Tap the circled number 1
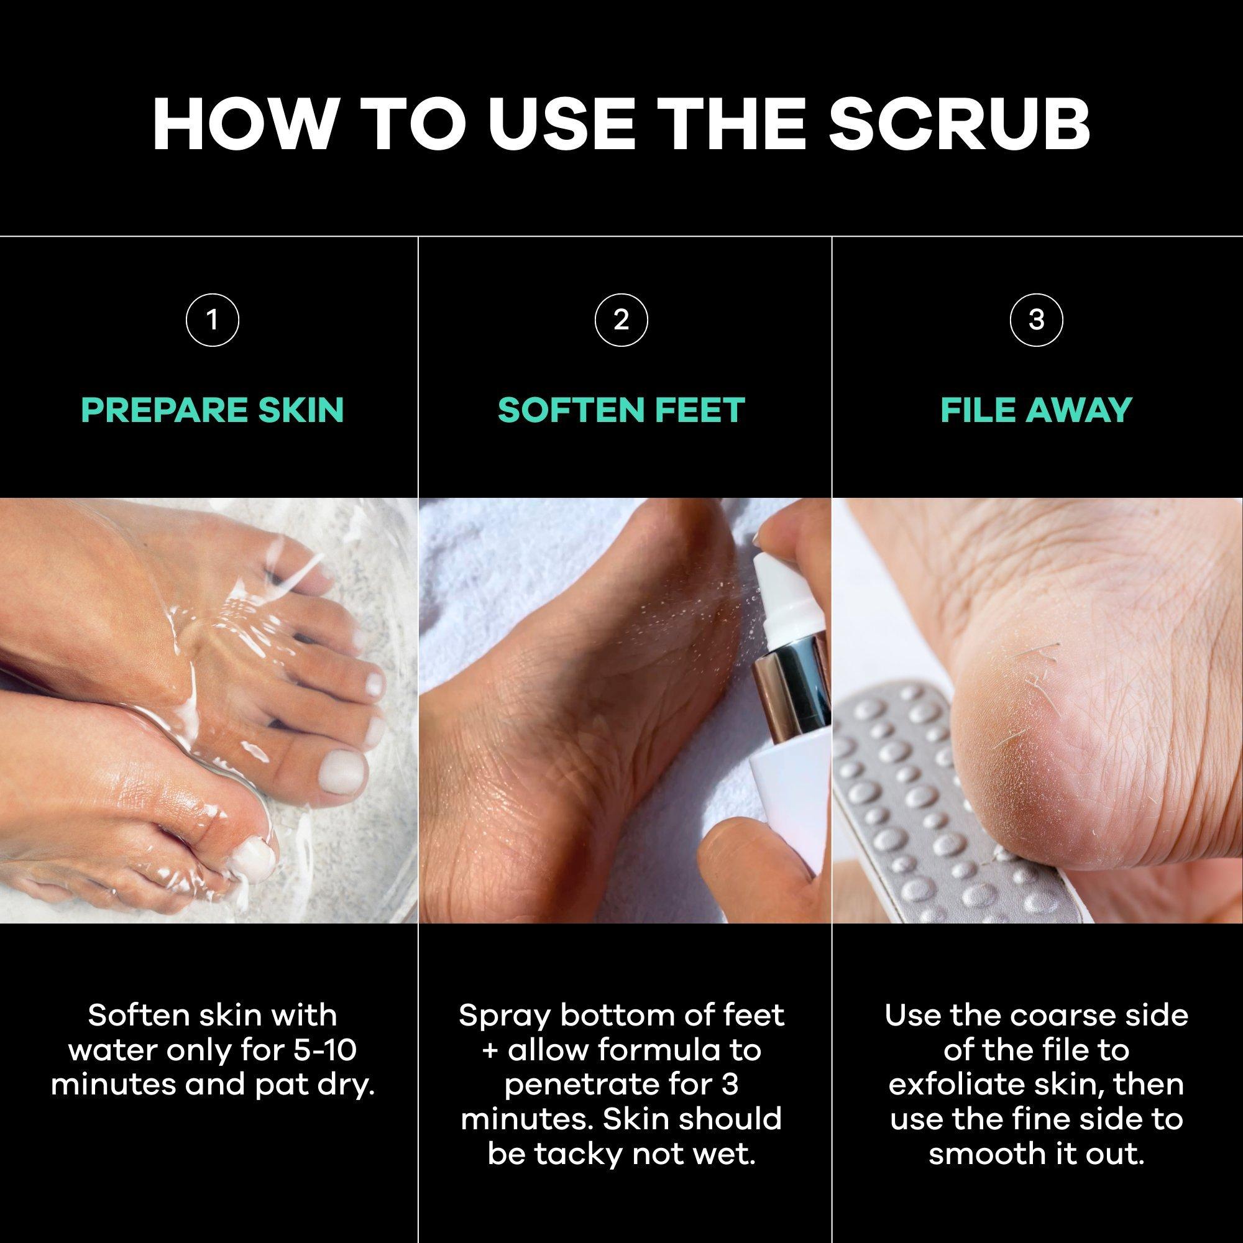pos(213,319)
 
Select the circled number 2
pos(621,319)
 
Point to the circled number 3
pos(1037,319)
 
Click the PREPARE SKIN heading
pos(213,410)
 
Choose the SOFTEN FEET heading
pos(621,410)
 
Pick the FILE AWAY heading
pos(1037,410)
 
